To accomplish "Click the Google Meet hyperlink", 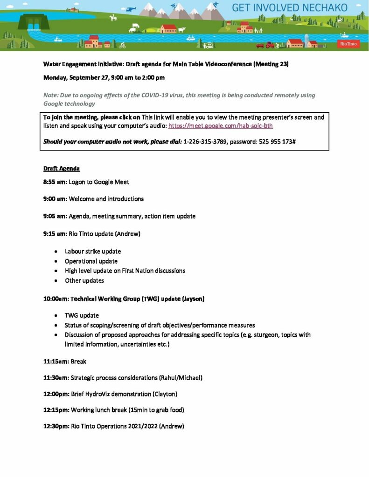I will pyautogui.click(x=220, y=126).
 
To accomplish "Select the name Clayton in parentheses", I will pyautogui.click(x=165, y=394).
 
